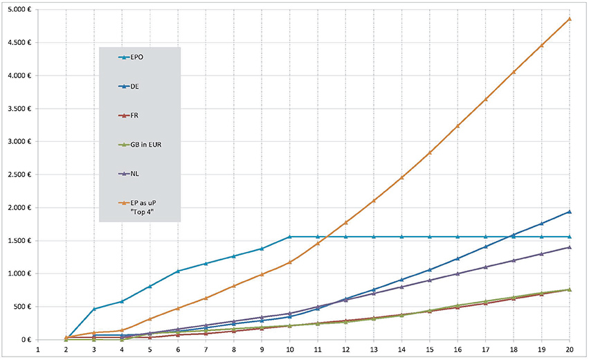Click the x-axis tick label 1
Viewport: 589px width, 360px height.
coord(38,351)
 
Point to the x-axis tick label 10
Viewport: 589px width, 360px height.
coord(290,351)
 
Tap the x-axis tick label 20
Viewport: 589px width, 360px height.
coord(570,351)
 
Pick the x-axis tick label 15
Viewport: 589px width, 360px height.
coord(430,351)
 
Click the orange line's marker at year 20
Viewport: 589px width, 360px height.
coord(570,19)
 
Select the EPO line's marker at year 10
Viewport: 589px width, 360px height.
coord(290,237)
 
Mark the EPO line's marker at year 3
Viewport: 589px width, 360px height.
coord(94,309)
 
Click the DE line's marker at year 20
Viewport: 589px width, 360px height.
coord(570,211)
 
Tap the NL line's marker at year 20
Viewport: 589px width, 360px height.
coord(570,247)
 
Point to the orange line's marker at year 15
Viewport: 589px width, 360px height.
coord(430,152)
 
